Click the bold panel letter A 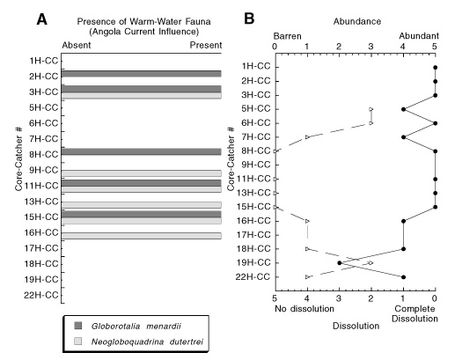pos(41,20)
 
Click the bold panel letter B pos(249,18)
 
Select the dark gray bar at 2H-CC pos(142,74)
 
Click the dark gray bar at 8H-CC pos(142,151)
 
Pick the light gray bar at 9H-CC pos(142,173)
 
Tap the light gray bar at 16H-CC pos(142,236)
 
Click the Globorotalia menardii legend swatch pos(78,326)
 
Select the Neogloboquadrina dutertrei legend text pos(147,342)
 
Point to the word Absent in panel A pos(77,45)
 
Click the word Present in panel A pos(206,45)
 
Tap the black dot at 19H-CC pos(340,263)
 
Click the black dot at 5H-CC pos(403,109)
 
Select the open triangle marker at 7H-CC pos(307,137)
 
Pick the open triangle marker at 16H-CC pos(307,221)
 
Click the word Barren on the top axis pos(287,36)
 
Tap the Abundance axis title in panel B pos(357,21)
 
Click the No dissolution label pos(305,309)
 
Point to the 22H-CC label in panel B pos(253,276)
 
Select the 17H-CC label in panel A pos(41,248)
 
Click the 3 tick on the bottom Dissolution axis pos(339,298)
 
